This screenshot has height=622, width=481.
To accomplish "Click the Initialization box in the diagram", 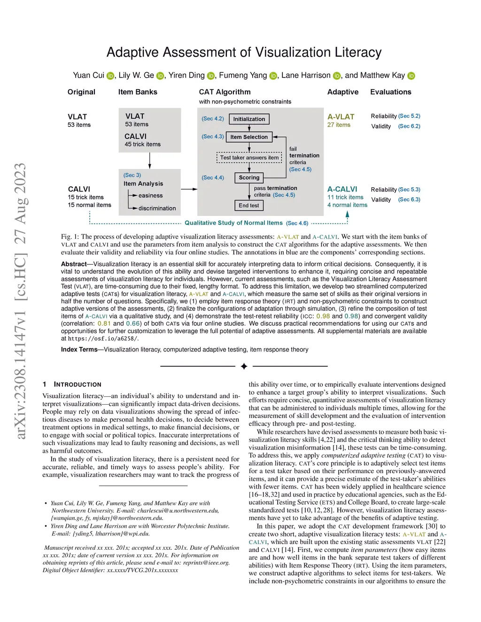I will click(249, 119).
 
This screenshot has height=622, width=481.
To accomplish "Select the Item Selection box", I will click(249, 137).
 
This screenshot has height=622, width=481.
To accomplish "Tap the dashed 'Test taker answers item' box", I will click(249, 158).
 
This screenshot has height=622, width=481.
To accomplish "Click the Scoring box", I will click(249, 177).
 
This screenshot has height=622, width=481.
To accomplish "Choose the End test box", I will click(248, 205).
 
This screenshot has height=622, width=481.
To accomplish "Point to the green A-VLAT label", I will click(341, 117).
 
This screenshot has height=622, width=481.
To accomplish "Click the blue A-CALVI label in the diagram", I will click(342, 189).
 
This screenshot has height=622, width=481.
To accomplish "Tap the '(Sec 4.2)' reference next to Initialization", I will click(213, 119).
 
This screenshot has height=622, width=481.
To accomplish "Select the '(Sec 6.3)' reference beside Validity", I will click(409, 200).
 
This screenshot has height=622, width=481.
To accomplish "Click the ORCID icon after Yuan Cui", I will click(110, 76).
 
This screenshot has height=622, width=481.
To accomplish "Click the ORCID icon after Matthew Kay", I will click(411, 76).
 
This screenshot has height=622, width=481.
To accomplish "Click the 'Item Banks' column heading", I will click(138, 92).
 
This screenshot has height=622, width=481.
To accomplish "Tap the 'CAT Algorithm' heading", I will click(225, 92).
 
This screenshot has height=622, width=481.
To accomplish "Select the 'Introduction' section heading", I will click(78, 384).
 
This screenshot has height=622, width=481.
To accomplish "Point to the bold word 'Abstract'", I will click(74, 264).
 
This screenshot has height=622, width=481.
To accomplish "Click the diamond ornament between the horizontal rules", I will click(244, 366).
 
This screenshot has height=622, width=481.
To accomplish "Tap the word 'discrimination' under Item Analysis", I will click(157, 208).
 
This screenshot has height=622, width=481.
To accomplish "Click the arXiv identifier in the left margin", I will click(20, 300).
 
